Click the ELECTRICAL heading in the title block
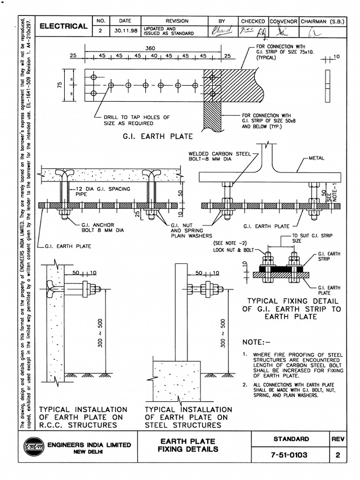point(63,27)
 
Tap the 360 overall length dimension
point(150,48)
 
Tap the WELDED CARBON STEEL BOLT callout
point(219,156)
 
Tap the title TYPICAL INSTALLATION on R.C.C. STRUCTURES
point(82,417)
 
